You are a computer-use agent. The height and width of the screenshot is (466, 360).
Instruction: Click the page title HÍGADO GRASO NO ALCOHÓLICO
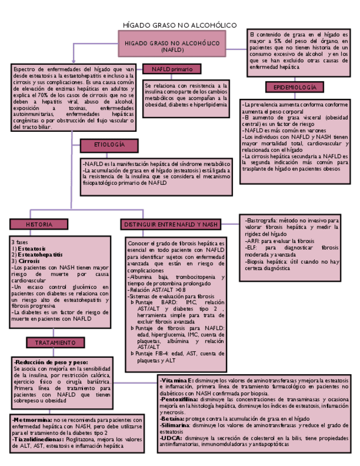click(180, 25)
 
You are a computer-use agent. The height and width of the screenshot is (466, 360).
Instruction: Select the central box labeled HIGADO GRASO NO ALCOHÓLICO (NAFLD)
click(172, 46)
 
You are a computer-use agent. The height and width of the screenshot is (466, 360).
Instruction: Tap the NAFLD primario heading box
click(168, 69)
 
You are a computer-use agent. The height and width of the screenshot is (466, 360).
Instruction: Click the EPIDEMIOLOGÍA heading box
click(295, 87)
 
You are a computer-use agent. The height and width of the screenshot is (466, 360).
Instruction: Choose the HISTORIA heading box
click(39, 224)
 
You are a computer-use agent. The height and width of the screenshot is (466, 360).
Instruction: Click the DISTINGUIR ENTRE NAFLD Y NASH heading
click(171, 224)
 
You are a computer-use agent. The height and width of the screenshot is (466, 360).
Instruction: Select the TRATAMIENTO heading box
click(55, 342)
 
